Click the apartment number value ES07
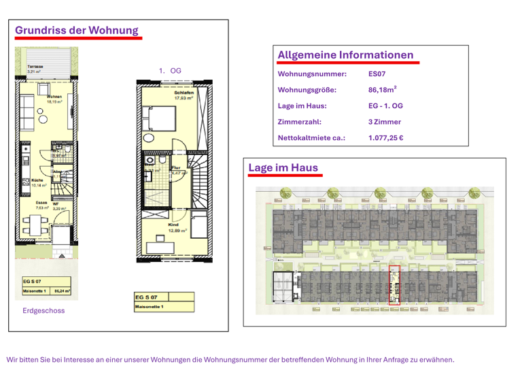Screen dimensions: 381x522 (377, 73)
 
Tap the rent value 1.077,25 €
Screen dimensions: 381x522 (385, 138)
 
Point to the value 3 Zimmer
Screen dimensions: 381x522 (384, 122)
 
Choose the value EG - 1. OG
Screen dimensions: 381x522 (385, 106)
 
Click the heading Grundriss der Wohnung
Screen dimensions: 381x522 (76, 31)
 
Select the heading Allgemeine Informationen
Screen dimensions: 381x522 (345, 55)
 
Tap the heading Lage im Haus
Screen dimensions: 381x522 (283, 167)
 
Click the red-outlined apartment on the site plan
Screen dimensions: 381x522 (394, 284)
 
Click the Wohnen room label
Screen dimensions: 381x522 (54, 97)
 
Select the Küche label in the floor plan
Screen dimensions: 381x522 (38, 181)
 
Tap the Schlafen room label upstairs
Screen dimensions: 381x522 (184, 93)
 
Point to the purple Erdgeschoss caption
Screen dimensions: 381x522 (43, 310)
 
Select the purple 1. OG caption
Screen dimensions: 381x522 (170, 71)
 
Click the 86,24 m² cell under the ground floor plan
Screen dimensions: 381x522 (62, 291)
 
